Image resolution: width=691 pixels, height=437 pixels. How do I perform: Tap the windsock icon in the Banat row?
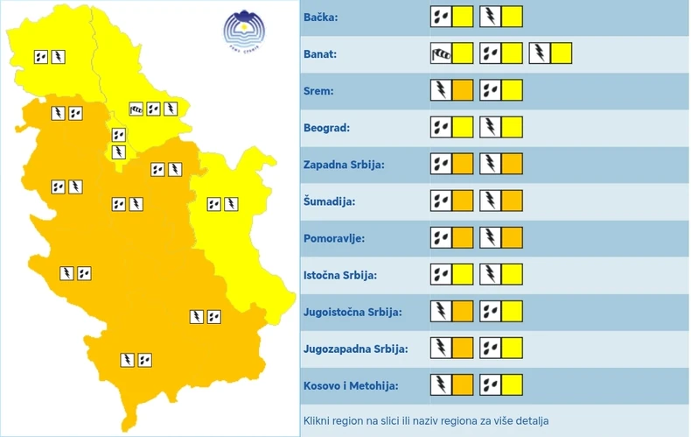pos(441,53)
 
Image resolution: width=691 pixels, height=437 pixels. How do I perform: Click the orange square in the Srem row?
pos(464,90)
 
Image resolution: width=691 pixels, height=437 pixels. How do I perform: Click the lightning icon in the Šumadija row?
pos(490,201)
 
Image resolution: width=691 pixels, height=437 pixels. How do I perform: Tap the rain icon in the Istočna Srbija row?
pos(441,274)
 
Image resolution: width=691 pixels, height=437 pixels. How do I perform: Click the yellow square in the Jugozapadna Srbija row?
pos(512,348)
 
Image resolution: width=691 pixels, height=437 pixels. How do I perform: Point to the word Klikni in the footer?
pos(318,421)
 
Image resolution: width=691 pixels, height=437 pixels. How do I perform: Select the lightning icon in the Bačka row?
pos(490,17)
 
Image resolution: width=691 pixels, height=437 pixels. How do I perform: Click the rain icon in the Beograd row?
pos(441,127)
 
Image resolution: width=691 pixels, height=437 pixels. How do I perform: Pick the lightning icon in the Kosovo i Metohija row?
pos(441,384)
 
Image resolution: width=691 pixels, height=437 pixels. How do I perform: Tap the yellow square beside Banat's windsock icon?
pos(464,53)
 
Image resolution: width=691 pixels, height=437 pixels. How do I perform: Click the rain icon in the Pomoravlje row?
pos(441,237)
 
